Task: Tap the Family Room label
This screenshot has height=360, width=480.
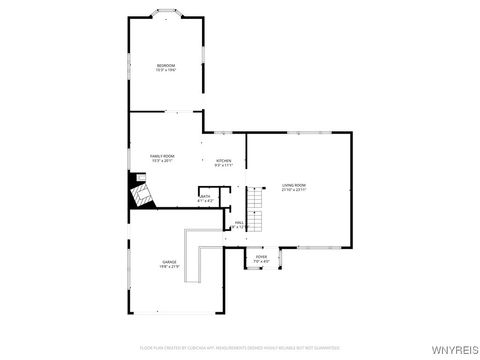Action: (162, 155)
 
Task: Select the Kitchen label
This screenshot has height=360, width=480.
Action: (224, 160)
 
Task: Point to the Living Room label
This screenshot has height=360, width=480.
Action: (294, 185)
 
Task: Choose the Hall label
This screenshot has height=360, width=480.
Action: (239, 222)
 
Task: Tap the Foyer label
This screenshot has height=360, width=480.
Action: (261, 257)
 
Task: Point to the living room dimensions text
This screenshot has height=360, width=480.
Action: (294, 190)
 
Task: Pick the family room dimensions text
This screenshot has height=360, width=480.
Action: (162, 160)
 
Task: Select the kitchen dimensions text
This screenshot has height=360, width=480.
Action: (224, 165)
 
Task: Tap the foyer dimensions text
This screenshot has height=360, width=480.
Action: (261, 262)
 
